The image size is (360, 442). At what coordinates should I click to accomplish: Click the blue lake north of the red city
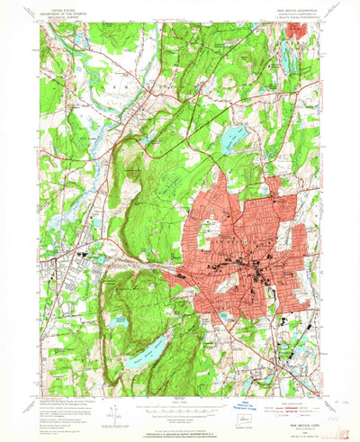pos(232,137)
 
